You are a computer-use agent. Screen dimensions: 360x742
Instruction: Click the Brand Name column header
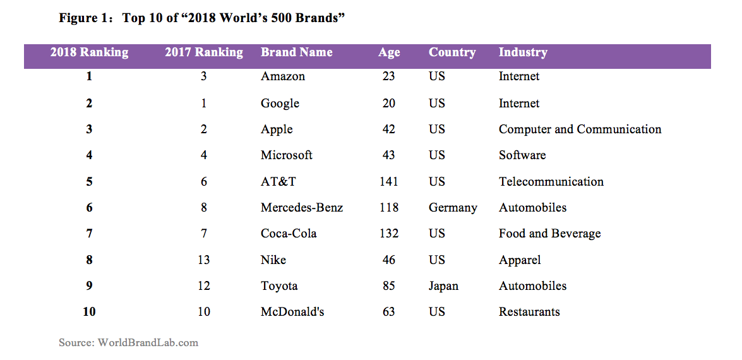click(x=296, y=52)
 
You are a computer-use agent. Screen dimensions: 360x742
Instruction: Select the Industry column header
click(x=522, y=52)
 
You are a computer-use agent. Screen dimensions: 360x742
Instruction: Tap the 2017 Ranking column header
click(x=204, y=52)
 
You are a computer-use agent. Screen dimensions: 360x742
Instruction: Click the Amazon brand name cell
click(x=282, y=76)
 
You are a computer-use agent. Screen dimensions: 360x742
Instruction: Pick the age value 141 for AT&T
click(x=389, y=182)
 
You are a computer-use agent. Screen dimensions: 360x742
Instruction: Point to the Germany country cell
click(x=452, y=208)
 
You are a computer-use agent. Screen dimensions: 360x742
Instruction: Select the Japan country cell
click(x=443, y=286)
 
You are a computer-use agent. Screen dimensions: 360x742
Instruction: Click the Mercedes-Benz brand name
click(x=302, y=208)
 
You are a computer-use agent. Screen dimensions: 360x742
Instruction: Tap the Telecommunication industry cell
click(x=551, y=182)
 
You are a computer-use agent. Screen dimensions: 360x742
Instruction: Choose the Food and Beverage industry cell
click(x=549, y=234)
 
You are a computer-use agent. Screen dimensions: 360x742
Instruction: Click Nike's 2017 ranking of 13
click(x=203, y=260)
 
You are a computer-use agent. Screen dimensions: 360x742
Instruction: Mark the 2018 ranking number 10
click(x=89, y=312)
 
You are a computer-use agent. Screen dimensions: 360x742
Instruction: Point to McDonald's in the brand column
click(x=292, y=312)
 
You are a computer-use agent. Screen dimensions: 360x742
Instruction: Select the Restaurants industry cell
click(x=529, y=312)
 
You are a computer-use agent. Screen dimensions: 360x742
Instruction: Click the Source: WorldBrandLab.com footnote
click(x=128, y=343)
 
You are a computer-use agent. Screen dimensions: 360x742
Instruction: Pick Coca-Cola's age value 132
click(x=389, y=234)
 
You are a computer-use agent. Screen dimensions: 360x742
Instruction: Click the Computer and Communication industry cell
click(x=580, y=129)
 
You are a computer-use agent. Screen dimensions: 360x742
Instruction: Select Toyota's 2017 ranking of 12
click(x=203, y=286)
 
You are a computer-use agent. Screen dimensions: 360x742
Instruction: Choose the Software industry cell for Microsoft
click(x=522, y=155)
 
